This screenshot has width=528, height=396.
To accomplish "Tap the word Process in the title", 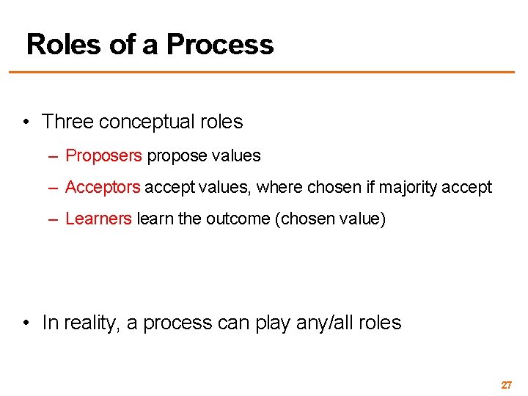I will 220,45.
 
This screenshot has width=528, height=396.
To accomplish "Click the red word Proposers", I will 103,155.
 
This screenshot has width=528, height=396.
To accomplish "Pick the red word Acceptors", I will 103,187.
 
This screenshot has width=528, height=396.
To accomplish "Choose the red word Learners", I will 99,219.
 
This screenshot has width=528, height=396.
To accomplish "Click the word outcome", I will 235,219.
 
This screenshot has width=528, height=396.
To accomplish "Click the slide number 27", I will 506,384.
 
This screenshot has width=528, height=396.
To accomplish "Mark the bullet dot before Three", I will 26,122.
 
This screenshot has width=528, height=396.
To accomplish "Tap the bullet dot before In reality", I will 26,323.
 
